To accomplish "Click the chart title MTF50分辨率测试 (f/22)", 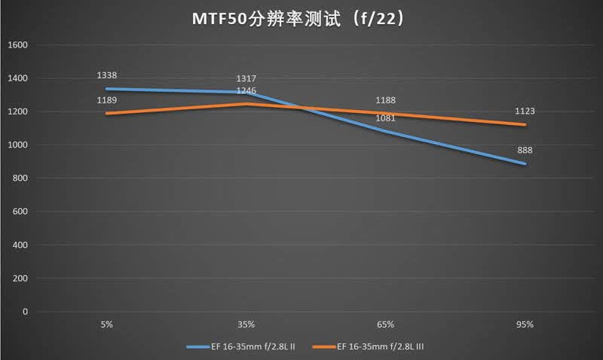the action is (x=298, y=18).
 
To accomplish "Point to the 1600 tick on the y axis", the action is (x=17, y=45).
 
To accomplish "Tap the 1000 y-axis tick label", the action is (x=17, y=145).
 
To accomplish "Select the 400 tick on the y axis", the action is (x=20, y=245).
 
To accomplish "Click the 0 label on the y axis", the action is (x=25, y=312).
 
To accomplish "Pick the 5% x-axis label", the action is (x=106, y=325).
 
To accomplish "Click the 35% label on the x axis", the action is (x=246, y=325).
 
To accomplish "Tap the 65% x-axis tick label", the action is (x=385, y=325).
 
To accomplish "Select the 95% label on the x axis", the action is (x=525, y=325).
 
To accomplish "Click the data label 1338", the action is (x=106, y=75).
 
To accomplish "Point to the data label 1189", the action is (x=106, y=100).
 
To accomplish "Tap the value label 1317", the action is (x=246, y=79).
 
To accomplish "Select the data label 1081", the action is (x=385, y=118).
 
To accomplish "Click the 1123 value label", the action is (x=525, y=111).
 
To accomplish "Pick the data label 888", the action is (x=525, y=150).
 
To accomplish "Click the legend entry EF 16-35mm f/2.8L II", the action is (x=240, y=346).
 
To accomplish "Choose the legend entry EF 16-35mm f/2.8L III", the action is (x=368, y=346).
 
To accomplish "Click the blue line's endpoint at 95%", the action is (x=525, y=163).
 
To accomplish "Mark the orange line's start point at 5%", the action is (x=107, y=113).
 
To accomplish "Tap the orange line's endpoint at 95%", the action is (x=525, y=124).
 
